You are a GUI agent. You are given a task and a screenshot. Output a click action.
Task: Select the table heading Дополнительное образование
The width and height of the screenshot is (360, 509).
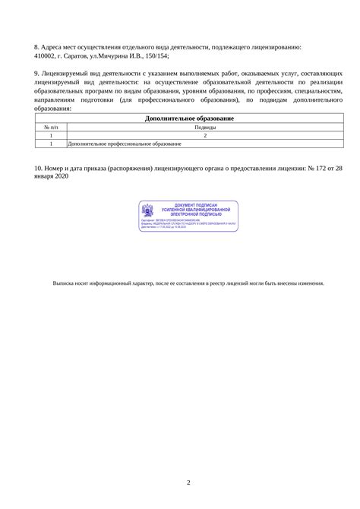tap(189, 119)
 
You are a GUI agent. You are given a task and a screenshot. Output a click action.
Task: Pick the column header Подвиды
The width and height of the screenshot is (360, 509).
tap(204, 128)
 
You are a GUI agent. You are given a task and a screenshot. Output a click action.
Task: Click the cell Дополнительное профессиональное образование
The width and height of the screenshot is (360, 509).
tap(125, 143)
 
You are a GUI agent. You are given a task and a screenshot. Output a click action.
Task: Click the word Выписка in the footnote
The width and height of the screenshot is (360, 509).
tap(64, 282)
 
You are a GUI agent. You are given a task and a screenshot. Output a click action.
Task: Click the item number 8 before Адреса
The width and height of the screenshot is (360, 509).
tap(37, 46)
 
